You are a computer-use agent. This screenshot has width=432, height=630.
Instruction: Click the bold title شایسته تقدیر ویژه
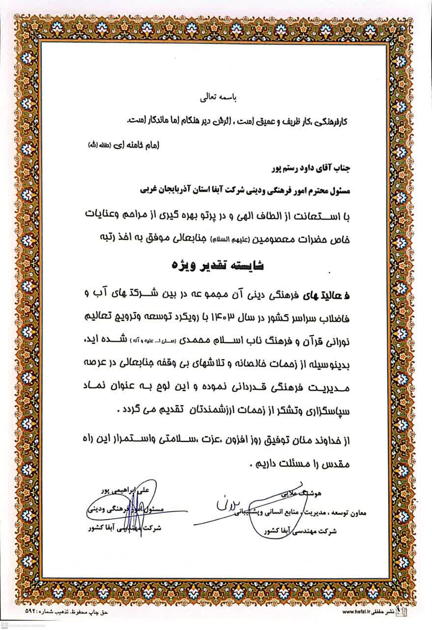point(216,265)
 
